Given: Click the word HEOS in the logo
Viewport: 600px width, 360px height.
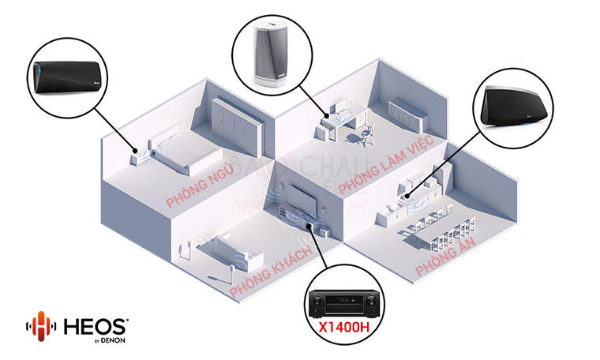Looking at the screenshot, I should click(94, 324).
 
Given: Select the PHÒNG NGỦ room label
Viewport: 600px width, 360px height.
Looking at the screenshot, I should click(199, 186).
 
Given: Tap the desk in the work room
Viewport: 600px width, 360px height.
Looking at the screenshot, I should click(340, 123).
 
